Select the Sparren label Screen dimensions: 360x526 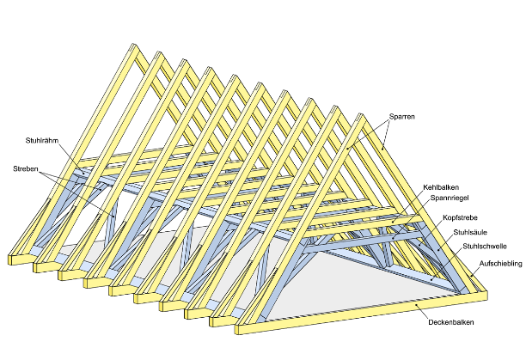403,119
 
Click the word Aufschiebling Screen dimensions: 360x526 501,265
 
